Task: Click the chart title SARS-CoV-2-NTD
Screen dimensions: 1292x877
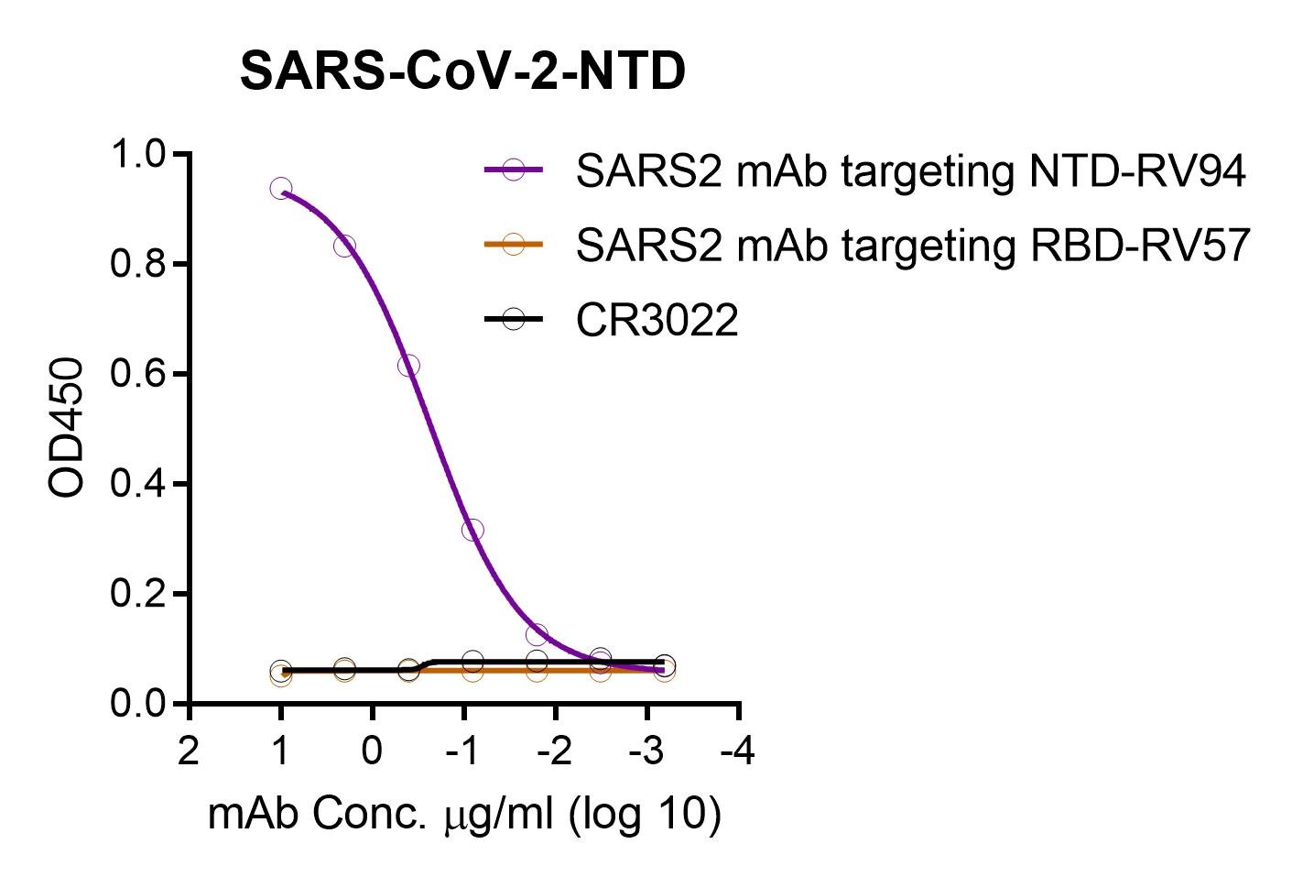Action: [x=462, y=71]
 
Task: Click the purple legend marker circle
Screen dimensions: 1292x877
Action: [x=513, y=170]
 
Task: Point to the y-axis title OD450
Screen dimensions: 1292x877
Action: [x=66, y=427]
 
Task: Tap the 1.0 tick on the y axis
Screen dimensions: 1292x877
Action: [x=138, y=154]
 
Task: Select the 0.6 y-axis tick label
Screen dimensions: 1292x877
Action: [x=138, y=374]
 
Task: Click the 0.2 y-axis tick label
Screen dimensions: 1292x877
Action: [x=138, y=594]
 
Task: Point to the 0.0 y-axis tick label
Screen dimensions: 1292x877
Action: [x=138, y=704]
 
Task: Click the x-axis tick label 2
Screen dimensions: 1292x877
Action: [x=189, y=751]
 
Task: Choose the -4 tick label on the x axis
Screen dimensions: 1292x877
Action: [x=738, y=751]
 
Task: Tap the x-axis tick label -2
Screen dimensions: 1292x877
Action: [x=554, y=751]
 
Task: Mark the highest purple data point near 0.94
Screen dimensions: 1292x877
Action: [x=281, y=188]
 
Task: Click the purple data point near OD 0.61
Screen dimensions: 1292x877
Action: [x=408, y=366]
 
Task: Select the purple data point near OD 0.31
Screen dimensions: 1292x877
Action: [x=472, y=530]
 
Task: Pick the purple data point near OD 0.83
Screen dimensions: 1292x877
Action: [x=344, y=247]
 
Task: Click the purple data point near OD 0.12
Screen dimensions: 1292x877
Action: [x=537, y=634]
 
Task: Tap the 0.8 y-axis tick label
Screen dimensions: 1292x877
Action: [x=138, y=264]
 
